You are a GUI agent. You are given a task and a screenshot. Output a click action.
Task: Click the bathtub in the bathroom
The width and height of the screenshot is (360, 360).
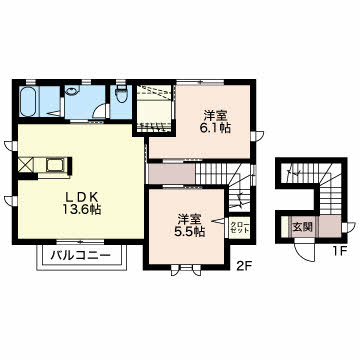click(x=28, y=101)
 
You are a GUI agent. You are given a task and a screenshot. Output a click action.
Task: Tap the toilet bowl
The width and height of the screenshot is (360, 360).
click(x=121, y=93)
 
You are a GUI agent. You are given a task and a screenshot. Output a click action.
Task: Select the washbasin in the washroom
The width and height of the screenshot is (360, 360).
click(x=71, y=89)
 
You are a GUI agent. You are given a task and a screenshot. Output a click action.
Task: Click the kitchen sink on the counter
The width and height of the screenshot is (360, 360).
click(x=55, y=164)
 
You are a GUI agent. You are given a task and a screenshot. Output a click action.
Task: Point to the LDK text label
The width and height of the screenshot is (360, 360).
click(x=82, y=197)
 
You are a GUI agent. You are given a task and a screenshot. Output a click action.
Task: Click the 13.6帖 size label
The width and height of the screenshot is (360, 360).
click(x=82, y=210)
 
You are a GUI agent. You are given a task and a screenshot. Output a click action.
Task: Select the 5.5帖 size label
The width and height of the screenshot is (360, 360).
click(x=190, y=231)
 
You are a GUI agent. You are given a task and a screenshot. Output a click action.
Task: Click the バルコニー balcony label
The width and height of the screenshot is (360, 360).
click(x=80, y=256)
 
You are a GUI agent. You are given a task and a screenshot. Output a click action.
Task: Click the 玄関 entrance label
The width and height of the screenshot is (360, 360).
click(x=302, y=227)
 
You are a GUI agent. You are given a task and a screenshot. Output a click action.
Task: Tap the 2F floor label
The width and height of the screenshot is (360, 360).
click(x=243, y=267)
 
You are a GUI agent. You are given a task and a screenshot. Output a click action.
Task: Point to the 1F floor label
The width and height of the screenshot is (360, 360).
click(x=340, y=251)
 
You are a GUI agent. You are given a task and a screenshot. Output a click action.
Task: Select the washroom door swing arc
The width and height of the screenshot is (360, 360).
click(x=99, y=110)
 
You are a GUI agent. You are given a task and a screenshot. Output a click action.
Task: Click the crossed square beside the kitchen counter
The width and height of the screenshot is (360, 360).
click(x=26, y=165)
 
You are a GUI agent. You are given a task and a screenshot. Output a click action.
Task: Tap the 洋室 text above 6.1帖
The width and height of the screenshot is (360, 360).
click(x=216, y=115)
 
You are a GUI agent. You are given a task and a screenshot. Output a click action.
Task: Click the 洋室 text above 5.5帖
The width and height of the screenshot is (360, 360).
click(x=189, y=219)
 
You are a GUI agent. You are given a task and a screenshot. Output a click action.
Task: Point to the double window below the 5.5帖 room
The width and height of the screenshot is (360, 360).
click(x=186, y=270)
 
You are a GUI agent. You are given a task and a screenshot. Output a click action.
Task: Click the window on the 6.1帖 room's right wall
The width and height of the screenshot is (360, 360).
click(x=257, y=136)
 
